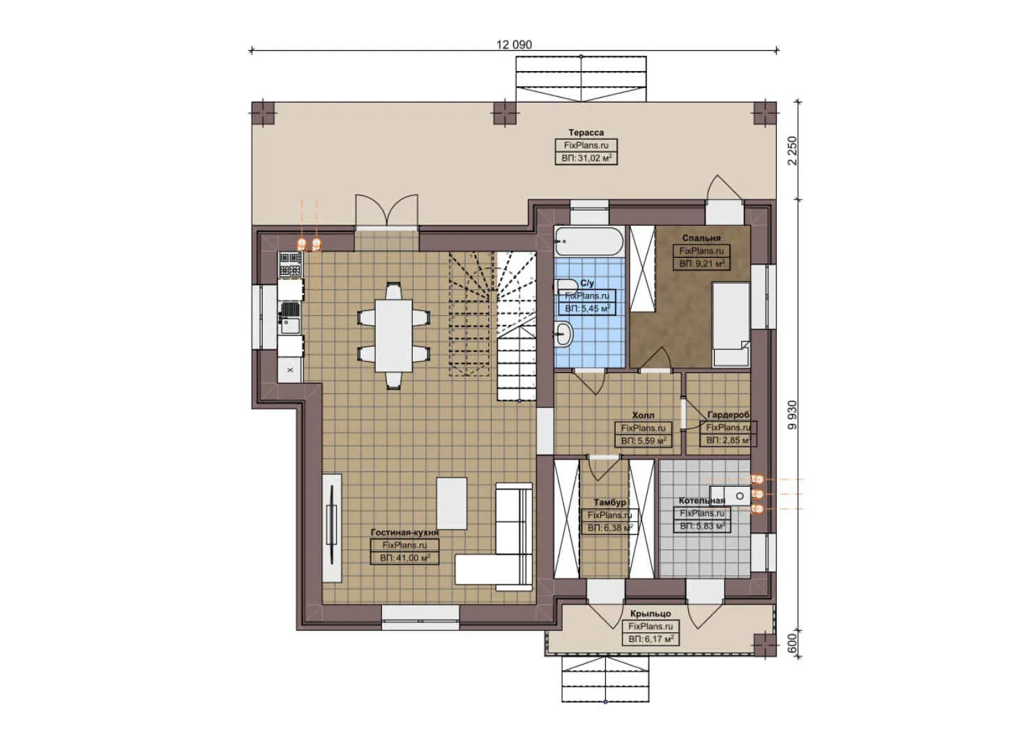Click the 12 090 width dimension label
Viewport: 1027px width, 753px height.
pos(514,45)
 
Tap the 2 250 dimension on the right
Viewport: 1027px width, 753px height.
pos(791,150)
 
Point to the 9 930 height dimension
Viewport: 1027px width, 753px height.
pos(791,415)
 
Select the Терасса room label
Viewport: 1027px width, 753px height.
pos(586,132)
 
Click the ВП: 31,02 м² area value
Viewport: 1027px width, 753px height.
pos(586,158)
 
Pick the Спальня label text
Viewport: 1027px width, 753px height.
pos(701,238)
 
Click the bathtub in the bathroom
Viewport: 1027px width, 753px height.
pos(589,242)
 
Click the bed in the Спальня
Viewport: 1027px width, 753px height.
pos(731,324)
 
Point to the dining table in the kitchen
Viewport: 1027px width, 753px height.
pos(393,335)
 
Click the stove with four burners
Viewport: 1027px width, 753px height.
pos(291,265)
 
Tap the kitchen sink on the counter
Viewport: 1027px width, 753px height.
pos(289,322)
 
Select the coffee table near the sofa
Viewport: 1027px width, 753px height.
pos(452,503)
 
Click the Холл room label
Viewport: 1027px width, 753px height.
pos(643,415)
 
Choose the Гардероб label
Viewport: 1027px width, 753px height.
pos(728,415)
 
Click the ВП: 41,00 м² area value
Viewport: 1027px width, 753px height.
pos(404,558)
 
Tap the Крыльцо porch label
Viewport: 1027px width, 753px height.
pos(650,614)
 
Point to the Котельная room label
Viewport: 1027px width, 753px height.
pos(701,501)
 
